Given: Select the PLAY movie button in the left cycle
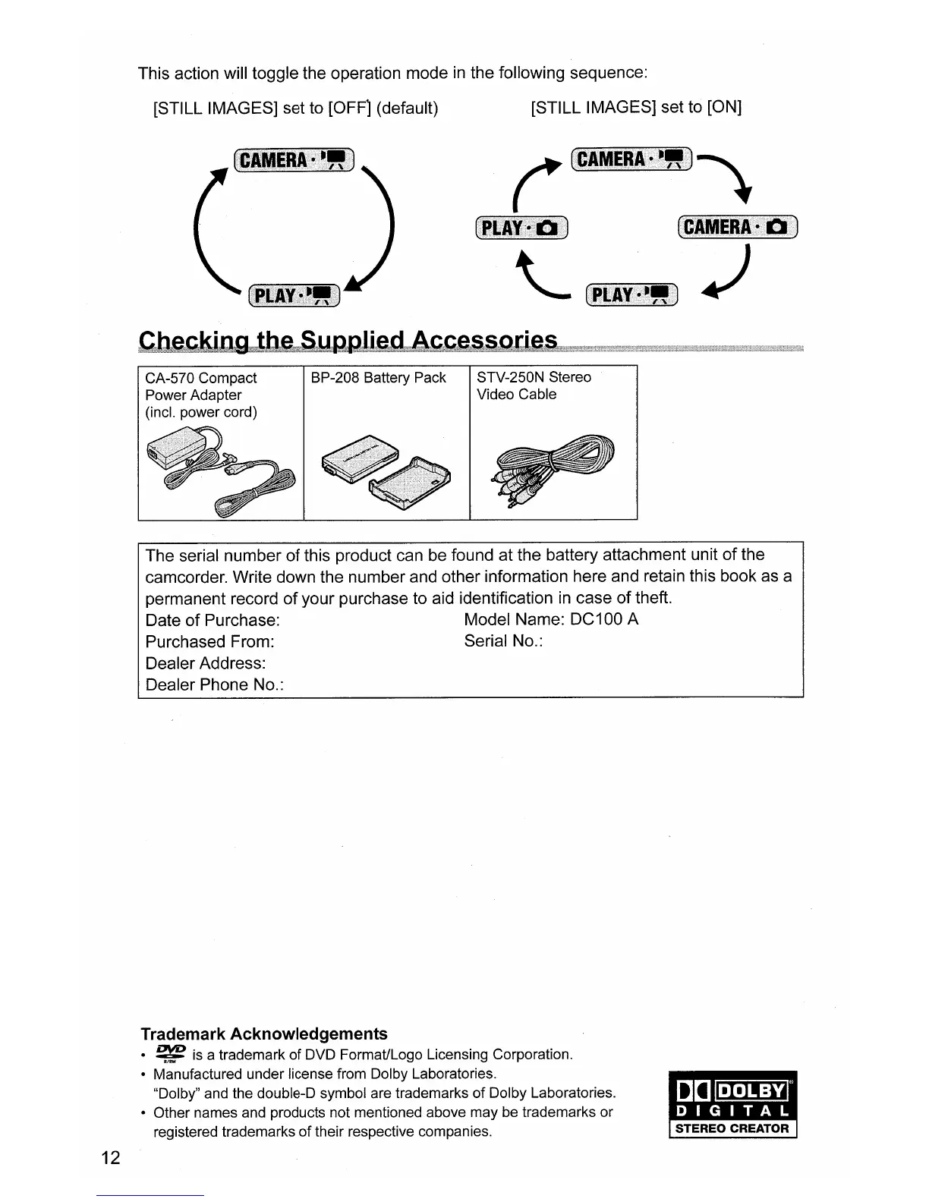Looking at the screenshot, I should coord(294,294).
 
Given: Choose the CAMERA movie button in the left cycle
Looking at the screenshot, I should coord(294,160).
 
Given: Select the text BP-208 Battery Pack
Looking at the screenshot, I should coord(379,378).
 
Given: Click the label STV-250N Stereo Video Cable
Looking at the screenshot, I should coord(534,385).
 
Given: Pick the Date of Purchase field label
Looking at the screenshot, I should coord(213,620).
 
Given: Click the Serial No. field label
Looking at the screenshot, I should coord(503,641).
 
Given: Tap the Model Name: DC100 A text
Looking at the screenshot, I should coord(551,619).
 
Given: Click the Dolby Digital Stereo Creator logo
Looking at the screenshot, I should coord(732,1105).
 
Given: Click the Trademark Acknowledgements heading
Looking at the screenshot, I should coord(263,1034).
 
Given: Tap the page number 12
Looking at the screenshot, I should coord(110,1157).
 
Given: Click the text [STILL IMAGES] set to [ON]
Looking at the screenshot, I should coord(636,107).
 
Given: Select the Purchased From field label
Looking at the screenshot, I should coord(209,642).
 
